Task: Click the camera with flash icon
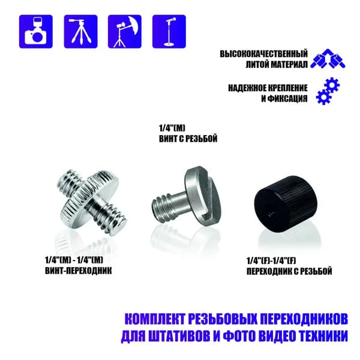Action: point(36,31)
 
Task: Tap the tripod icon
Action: point(80,31)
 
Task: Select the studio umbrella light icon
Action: point(125,31)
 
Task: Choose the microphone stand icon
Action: point(169,31)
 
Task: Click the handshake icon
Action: point(328,59)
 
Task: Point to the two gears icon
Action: point(328,91)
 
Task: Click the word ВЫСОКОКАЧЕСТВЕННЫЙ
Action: point(263,54)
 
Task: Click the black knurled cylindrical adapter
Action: point(284,203)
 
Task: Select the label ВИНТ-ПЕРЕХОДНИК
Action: point(79,271)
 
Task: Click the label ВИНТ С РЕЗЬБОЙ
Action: point(188,139)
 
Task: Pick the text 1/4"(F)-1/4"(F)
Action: point(271,261)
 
